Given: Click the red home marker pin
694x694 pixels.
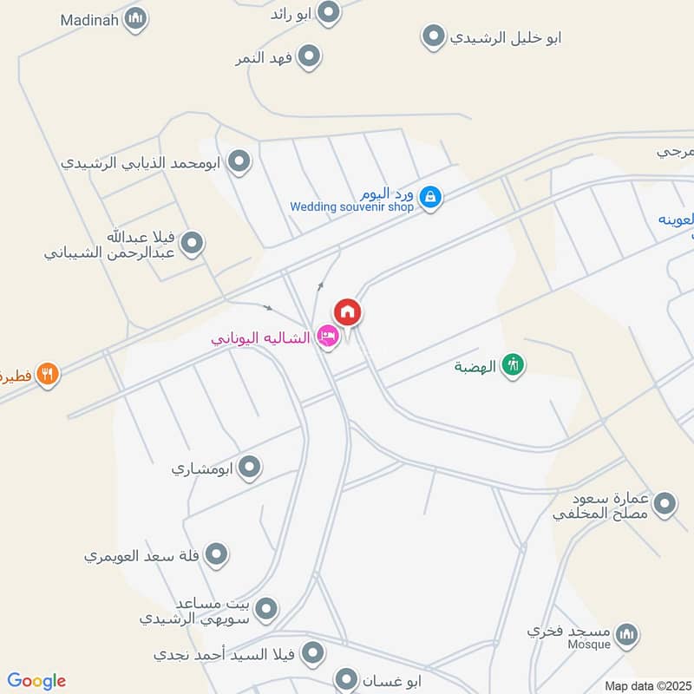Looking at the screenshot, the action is point(348,312).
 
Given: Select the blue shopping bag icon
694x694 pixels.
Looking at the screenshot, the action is point(429,198).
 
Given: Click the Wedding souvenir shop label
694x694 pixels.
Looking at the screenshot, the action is point(352,206).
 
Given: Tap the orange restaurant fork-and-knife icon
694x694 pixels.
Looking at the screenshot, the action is point(48,375).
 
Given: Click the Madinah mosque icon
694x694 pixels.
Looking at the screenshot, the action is point(134,18).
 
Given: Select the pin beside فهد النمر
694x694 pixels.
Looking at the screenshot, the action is point(309,57).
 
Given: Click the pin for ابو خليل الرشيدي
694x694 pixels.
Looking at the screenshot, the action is point(433,36).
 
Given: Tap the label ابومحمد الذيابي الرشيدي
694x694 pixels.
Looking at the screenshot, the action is point(142,161).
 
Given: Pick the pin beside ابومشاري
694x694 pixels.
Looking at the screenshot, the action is point(250,468).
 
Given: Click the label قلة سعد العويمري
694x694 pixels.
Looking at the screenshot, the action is point(142,553).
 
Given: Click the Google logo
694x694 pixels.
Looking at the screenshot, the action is point(36,681).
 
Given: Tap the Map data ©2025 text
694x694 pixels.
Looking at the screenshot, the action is point(645,685).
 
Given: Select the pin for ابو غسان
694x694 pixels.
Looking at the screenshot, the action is point(347,679).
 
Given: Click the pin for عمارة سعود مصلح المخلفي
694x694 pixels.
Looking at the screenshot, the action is point(665,504).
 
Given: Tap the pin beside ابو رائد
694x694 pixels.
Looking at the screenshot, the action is point(328,12).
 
